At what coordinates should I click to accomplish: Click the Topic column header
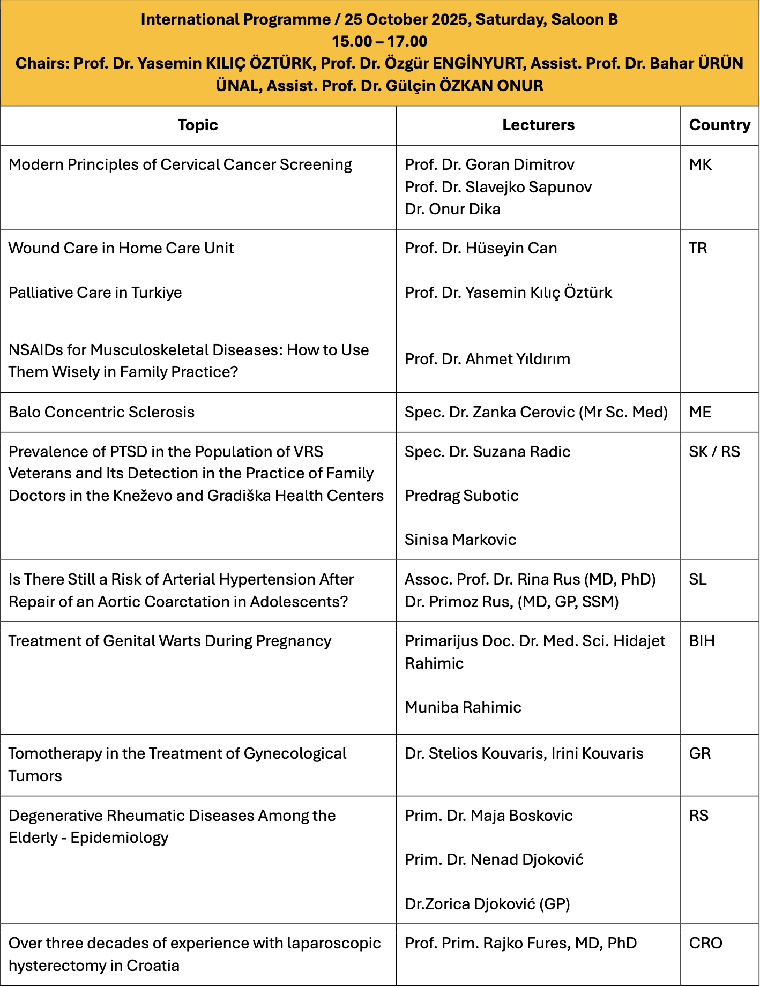pyautogui.click(x=198, y=125)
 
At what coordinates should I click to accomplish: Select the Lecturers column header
pyautogui.click(x=538, y=125)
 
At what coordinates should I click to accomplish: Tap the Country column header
pyautogui.click(x=719, y=125)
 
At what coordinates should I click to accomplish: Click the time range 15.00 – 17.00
pyautogui.click(x=379, y=41)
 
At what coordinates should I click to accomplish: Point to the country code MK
pyautogui.click(x=700, y=164)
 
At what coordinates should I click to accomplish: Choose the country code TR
pyautogui.click(x=698, y=248)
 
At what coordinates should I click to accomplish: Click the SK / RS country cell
pyautogui.click(x=714, y=452)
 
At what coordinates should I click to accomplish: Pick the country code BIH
pyautogui.click(x=702, y=641)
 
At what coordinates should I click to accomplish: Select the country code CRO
pyautogui.click(x=705, y=943)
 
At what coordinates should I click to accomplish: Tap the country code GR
pyautogui.click(x=699, y=753)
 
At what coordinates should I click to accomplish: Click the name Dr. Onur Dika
pyautogui.click(x=452, y=209)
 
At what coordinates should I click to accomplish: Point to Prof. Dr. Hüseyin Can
pyautogui.click(x=481, y=248)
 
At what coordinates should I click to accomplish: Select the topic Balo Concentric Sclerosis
pyautogui.click(x=101, y=412)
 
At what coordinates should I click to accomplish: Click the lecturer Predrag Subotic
pyautogui.click(x=461, y=496)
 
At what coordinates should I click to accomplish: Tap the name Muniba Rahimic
pyautogui.click(x=463, y=707)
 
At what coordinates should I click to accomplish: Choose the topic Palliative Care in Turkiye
pyautogui.click(x=95, y=293)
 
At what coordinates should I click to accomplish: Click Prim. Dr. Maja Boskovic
pyautogui.click(x=488, y=816)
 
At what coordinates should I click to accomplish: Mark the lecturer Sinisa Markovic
pyautogui.click(x=460, y=540)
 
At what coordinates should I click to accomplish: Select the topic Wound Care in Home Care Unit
pyautogui.click(x=121, y=248)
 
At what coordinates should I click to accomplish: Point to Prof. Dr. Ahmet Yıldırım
pyautogui.click(x=487, y=359)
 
